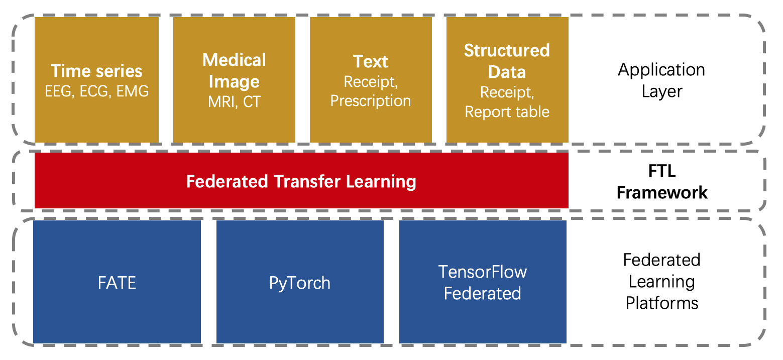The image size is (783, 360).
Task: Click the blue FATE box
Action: coord(117,282)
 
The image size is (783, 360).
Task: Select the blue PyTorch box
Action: coord(300,282)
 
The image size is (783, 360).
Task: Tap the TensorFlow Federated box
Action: coord(483,282)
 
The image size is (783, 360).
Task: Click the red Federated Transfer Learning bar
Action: coord(301,180)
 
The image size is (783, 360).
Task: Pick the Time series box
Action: coord(97,79)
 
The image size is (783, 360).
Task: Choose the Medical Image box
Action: coord(234,79)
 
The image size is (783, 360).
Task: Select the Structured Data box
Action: coord(507,79)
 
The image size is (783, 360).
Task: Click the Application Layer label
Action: coord(661,80)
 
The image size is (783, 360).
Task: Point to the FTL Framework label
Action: coord(662,181)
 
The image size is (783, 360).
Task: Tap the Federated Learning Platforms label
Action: coord(662,281)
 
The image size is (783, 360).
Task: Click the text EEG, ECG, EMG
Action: coord(97,91)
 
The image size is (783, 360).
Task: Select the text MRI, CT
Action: coord(235,102)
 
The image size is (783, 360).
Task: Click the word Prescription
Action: coord(371,101)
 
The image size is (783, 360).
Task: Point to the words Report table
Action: coord(507,111)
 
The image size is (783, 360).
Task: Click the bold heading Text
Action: coord(371,61)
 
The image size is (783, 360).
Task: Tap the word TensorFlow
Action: coord(483,272)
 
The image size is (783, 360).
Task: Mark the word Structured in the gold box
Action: coord(507,51)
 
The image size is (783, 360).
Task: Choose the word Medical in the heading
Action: coord(234,60)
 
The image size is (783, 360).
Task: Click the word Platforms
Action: coord(662,303)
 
